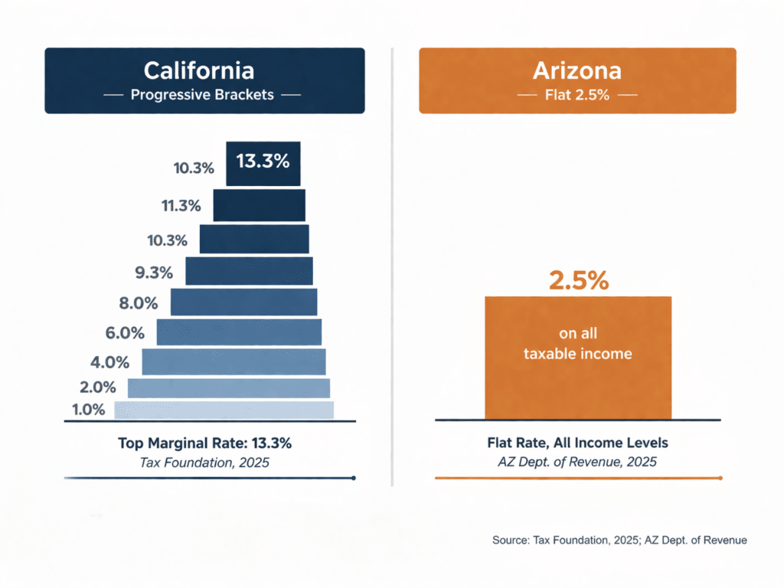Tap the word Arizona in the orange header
tap(577, 71)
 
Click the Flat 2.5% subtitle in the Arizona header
tap(577, 96)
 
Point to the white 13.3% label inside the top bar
tap(263, 162)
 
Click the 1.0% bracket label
tap(88, 409)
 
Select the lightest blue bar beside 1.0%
tap(224, 410)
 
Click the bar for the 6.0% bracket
tap(239, 332)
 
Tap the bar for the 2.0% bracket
tap(228, 387)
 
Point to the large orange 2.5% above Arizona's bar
tap(578, 280)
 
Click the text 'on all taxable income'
tap(577, 344)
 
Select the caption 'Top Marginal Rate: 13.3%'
tap(204, 443)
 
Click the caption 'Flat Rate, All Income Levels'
tap(577, 443)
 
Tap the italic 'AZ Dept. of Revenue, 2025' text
tap(577, 462)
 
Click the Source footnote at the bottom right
tap(619, 540)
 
